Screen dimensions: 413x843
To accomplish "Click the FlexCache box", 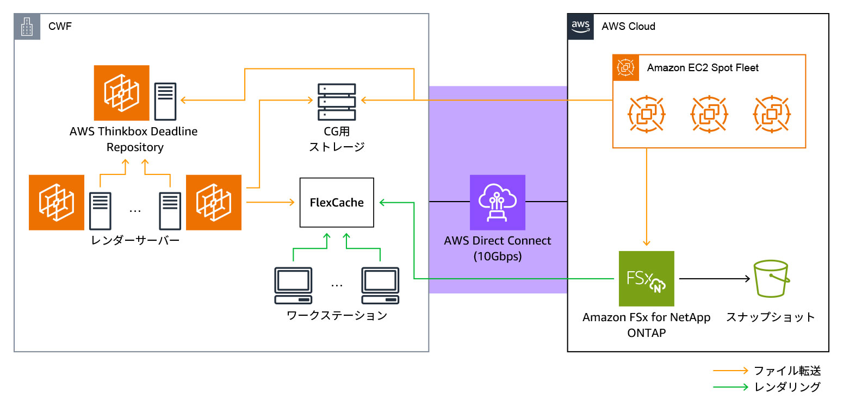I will pos(337,202).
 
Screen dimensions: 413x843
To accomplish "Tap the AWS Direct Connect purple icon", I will pos(498,202).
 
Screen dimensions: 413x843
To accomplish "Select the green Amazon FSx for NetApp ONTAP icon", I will pos(646,278).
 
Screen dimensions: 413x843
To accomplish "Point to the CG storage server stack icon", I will pos(337,102).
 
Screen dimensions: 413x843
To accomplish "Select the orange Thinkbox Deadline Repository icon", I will pos(121,93).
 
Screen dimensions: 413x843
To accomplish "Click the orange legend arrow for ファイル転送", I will pos(731,371).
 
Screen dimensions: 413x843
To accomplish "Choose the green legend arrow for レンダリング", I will pos(731,387).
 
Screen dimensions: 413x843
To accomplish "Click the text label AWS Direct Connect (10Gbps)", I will pos(498,248).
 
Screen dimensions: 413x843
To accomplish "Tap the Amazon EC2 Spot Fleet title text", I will pos(703,68).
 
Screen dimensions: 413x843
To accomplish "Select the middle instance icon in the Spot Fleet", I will pos(709,115).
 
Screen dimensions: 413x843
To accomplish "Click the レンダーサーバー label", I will pos(135,240).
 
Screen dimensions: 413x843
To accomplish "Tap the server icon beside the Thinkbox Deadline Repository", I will pos(165,101).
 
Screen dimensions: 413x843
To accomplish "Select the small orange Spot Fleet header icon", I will pos(626,68).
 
